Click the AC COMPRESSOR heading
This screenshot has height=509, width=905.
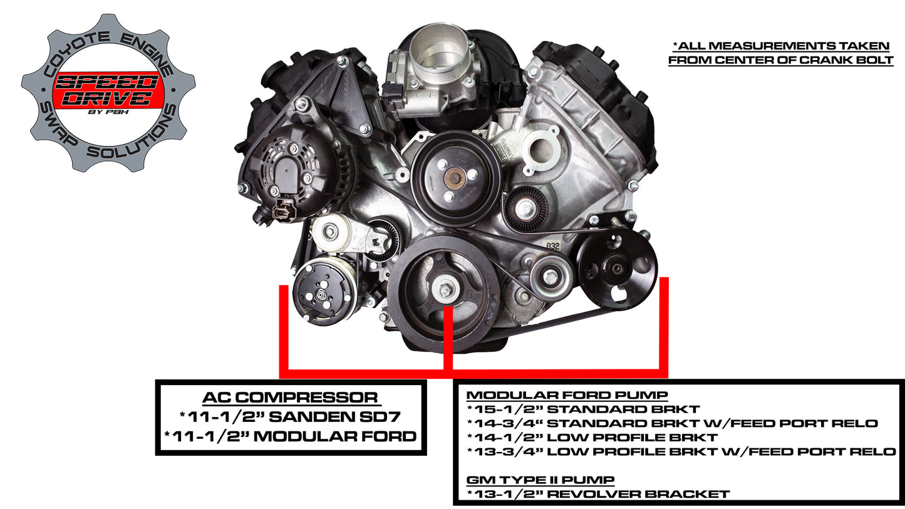pos(290,398)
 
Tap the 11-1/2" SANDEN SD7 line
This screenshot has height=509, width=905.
pos(290,416)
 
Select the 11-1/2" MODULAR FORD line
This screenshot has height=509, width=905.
pos(290,436)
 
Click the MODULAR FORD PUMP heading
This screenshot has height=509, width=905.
pos(567,396)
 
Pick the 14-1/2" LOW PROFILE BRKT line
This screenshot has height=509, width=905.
pos(592,438)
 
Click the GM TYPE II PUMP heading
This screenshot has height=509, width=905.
pos(540,480)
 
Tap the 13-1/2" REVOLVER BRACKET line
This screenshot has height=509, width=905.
pos(598,494)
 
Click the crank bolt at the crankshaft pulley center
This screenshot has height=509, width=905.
pos(445,290)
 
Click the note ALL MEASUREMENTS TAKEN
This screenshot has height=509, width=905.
pos(780,46)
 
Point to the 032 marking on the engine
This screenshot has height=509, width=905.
pos(553,246)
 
